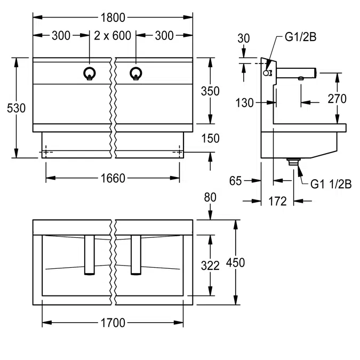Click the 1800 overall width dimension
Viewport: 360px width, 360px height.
point(113,18)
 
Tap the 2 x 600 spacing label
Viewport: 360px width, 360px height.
point(113,36)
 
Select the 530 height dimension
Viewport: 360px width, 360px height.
point(16,108)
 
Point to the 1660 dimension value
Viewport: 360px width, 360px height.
point(113,178)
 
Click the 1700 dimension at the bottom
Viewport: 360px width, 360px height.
point(113,323)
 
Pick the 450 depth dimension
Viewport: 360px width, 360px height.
point(236,262)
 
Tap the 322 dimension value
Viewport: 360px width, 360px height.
point(210,266)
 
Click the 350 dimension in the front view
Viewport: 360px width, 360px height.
point(210,91)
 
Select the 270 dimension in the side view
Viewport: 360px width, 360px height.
point(337,99)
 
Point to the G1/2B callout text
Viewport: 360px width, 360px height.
point(301,37)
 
